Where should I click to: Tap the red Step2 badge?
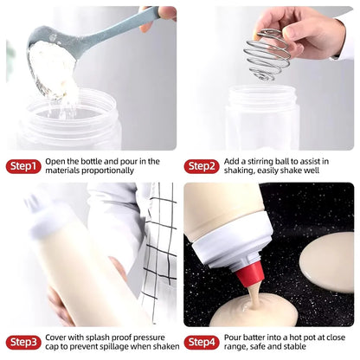coord(201,166)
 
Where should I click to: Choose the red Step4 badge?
coord(201,342)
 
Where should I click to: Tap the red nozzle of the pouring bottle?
coord(252,278)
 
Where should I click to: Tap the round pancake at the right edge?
coord(330,260)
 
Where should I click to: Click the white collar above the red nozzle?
coord(230,255)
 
